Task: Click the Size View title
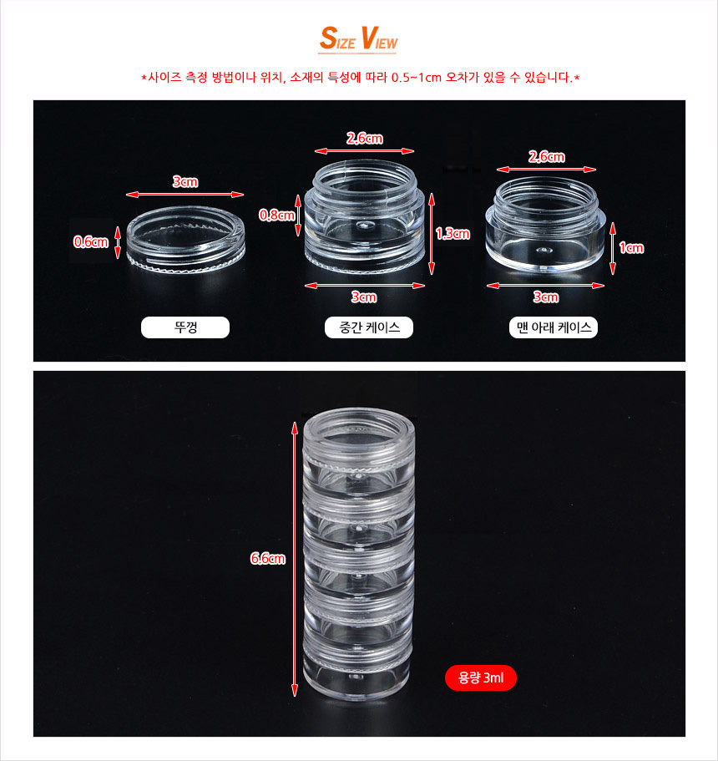point(358,38)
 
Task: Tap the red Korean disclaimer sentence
point(360,77)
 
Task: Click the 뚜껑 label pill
point(185,327)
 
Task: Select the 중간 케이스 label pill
point(369,327)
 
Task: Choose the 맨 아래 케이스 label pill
point(554,327)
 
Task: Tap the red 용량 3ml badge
point(481,677)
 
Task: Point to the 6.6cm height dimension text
point(268,559)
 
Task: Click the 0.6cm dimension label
point(91,241)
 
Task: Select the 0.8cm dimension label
point(276,215)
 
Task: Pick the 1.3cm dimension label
point(453,234)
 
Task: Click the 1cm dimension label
point(632,248)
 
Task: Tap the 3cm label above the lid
point(185,182)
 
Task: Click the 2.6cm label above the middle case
point(364,139)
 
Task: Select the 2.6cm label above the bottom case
point(547,157)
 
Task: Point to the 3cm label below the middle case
point(364,297)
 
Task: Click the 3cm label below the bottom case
point(546,297)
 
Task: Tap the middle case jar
point(364,216)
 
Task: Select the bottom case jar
point(546,224)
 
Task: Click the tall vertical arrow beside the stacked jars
point(295,559)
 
